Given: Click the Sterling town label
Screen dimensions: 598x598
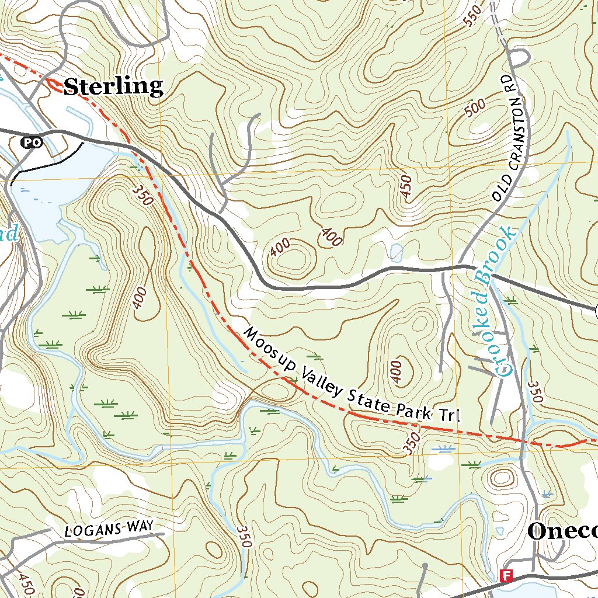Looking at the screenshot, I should (113, 87).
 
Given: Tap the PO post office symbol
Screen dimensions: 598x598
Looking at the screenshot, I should (30, 142).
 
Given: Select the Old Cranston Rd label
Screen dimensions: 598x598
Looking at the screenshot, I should (506, 138).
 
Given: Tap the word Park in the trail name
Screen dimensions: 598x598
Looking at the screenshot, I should (412, 409).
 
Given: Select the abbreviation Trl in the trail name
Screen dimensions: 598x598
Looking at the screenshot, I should (451, 416).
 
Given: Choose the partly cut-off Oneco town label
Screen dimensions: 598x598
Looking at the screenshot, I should (562, 531).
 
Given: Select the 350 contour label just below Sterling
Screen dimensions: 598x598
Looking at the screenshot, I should (142, 195).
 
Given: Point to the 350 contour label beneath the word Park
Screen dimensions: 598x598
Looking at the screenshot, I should (412, 444).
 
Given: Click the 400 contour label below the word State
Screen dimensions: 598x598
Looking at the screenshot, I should (396, 372).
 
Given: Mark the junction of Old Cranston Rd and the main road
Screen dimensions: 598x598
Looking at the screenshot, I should (461, 266).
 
